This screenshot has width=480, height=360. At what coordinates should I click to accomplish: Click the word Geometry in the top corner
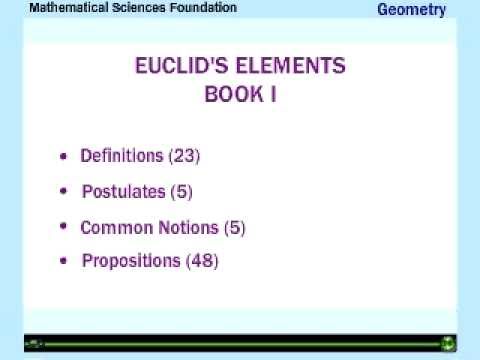[x=411, y=11]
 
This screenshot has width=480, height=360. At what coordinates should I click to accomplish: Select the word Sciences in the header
[x=137, y=7]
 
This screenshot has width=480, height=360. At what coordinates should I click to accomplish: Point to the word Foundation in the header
[x=204, y=7]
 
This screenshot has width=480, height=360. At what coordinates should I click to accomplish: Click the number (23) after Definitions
[x=185, y=156]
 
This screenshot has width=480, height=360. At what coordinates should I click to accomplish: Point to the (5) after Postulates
[x=180, y=191]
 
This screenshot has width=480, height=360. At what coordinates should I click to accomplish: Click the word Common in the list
[x=111, y=227]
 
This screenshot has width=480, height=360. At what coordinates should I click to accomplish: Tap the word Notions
[x=182, y=227]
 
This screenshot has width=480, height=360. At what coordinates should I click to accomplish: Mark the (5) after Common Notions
[x=234, y=227]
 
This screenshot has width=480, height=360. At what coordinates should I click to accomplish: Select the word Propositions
[x=131, y=261]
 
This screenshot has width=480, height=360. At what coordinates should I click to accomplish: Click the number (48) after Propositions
[x=201, y=261]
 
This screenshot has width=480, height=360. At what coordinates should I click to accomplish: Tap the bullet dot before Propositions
[x=65, y=262]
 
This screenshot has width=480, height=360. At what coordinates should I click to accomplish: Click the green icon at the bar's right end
[x=449, y=343]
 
